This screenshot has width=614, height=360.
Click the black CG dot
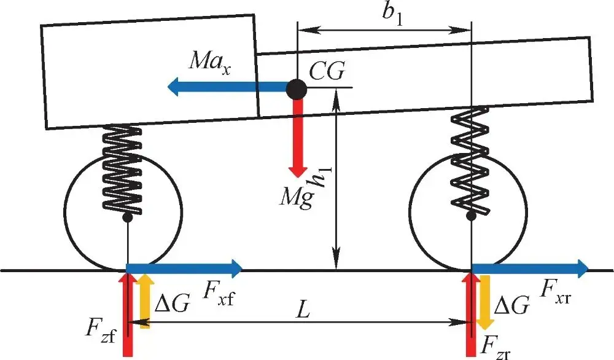coord(297,88)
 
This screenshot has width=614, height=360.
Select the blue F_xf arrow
coord(184,267)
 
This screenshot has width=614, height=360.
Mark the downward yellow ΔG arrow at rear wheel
coord(484,302)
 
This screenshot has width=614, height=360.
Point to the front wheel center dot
coord(128,218)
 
